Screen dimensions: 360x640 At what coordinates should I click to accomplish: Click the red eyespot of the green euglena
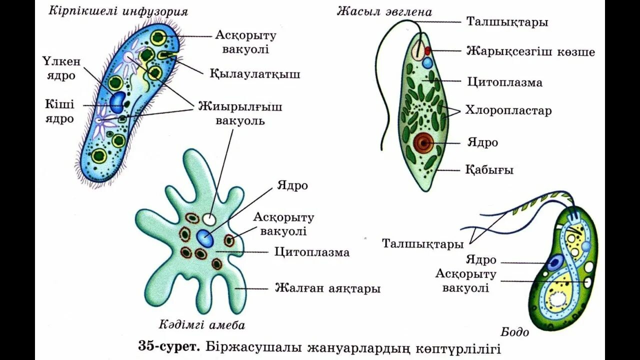click(x=428, y=50)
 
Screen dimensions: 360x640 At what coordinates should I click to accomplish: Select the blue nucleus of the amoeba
click(x=205, y=238)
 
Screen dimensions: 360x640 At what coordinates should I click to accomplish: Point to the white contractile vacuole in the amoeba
click(x=209, y=219)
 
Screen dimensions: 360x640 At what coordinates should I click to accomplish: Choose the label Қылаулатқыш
click(x=255, y=74)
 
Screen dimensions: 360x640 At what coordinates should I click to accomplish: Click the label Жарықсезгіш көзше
click(x=530, y=51)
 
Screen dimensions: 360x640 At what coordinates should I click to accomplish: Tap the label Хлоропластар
click(x=508, y=110)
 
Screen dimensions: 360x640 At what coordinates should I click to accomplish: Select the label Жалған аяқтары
click(x=327, y=288)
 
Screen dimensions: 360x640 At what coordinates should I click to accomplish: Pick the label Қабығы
click(x=489, y=170)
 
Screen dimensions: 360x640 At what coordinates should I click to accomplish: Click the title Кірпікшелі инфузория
click(x=118, y=11)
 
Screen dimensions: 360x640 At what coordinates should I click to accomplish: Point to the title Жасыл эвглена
click(x=384, y=11)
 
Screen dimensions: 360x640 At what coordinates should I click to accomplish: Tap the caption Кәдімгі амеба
click(x=202, y=325)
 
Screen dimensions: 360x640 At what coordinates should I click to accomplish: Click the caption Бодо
click(x=514, y=331)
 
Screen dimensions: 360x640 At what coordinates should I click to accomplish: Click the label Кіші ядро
click(x=59, y=111)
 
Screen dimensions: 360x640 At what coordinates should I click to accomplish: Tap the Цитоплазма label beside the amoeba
click(x=312, y=252)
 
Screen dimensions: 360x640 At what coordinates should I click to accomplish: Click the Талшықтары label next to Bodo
click(x=423, y=244)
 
